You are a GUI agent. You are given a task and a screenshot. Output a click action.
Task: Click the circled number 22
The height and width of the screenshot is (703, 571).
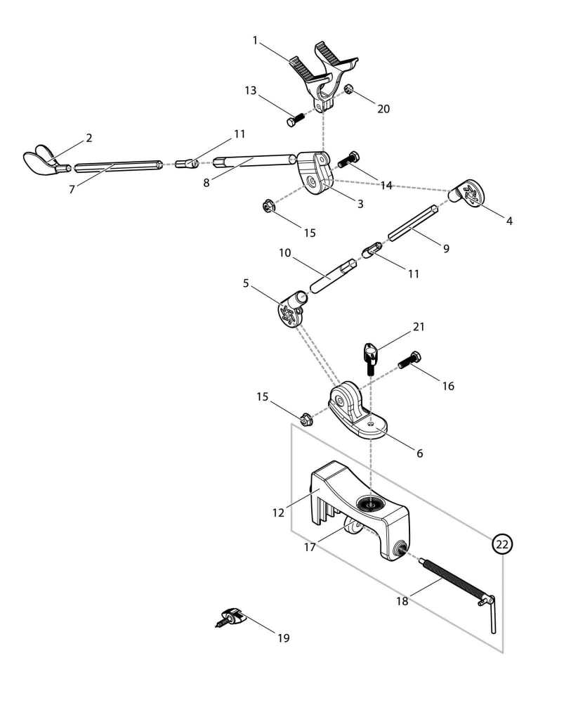click(x=502, y=543)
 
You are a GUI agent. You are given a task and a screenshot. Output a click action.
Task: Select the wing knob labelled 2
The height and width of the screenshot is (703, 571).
click(x=42, y=162)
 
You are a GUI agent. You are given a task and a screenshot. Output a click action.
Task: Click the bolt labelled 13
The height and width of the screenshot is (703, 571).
click(x=294, y=120)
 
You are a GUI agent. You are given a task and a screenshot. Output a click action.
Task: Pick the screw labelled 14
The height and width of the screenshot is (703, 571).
click(x=348, y=160)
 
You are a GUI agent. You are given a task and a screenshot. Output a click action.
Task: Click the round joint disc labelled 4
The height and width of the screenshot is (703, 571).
click(x=468, y=193)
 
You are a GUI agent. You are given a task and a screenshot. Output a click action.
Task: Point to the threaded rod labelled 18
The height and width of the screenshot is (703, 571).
click(x=449, y=581)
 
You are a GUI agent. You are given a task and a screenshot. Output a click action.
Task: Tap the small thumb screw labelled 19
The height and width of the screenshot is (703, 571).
click(x=232, y=619)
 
